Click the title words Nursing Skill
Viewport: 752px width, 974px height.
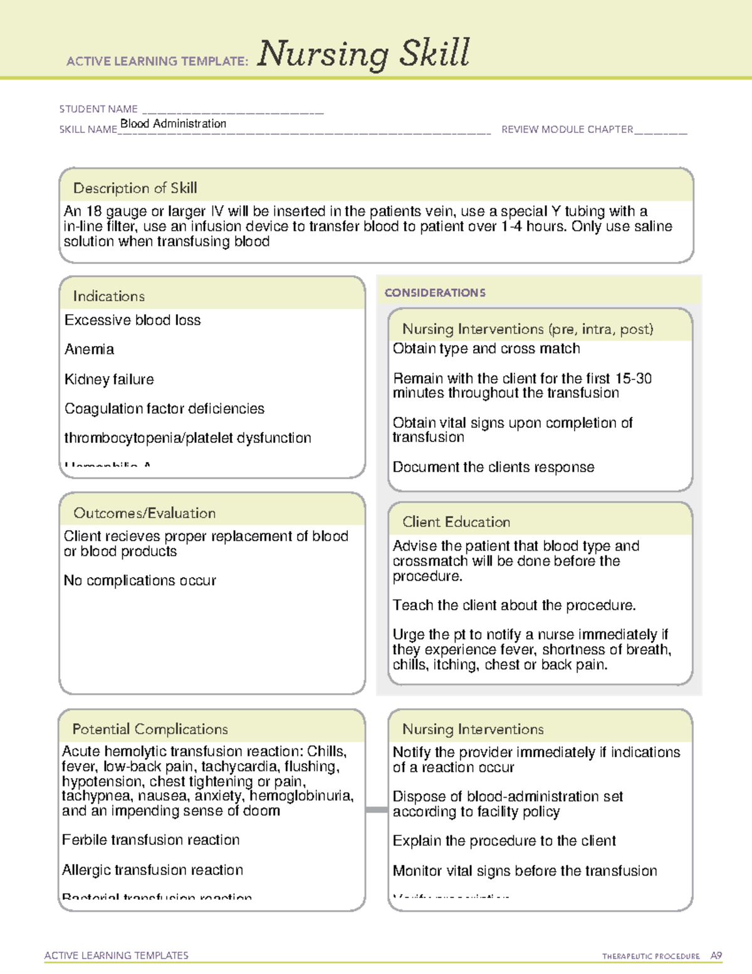coord(363,54)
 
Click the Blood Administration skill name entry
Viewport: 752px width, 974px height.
coord(173,124)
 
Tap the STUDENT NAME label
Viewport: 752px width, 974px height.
coord(98,109)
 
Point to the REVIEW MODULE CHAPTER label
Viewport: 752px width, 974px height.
coord(567,129)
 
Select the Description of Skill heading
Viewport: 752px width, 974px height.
coord(135,188)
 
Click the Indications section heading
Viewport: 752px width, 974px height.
coord(108,296)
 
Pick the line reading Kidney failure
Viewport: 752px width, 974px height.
coord(109,379)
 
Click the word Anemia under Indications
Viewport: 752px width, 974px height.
coord(89,349)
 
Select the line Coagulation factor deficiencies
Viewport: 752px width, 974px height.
coord(164,409)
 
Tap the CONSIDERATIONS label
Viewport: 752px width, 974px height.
coord(435,293)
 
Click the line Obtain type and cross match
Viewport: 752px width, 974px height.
coord(486,349)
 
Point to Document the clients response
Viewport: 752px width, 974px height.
coord(493,467)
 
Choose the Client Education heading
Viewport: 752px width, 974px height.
coord(456,522)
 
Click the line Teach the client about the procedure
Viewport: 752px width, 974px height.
coord(514,605)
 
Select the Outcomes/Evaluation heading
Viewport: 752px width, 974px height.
coord(144,513)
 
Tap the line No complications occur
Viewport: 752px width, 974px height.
coord(140,581)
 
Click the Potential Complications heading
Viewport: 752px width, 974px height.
coord(150,729)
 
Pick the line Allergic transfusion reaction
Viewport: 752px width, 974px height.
coord(152,870)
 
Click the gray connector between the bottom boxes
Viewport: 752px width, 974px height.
coord(377,810)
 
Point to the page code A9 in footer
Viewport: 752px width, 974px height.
coord(716,956)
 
